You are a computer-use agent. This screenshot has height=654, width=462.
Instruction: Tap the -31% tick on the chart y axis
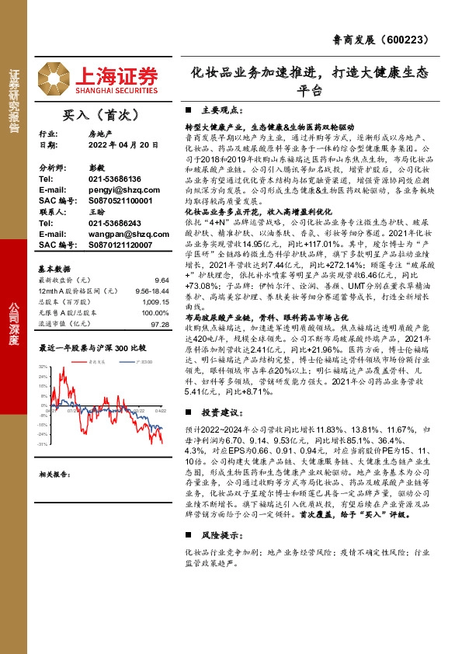(44, 445)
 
